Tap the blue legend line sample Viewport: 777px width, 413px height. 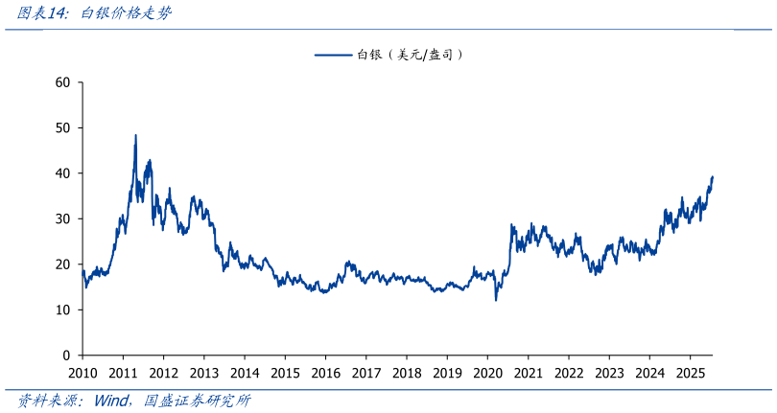(333, 56)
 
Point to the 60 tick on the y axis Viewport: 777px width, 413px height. (63, 82)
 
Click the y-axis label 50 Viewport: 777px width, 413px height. (63, 127)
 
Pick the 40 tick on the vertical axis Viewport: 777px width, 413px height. (63, 173)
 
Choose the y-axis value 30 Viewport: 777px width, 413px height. (63, 218)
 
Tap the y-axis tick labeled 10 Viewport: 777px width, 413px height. (63, 310)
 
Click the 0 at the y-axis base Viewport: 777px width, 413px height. (67, 356)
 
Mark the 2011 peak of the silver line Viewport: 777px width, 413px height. (135, 135)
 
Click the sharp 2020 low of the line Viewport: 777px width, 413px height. (496, 300)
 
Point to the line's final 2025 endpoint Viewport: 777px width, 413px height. (713, 176)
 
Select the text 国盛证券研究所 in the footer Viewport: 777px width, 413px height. (197, 401)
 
